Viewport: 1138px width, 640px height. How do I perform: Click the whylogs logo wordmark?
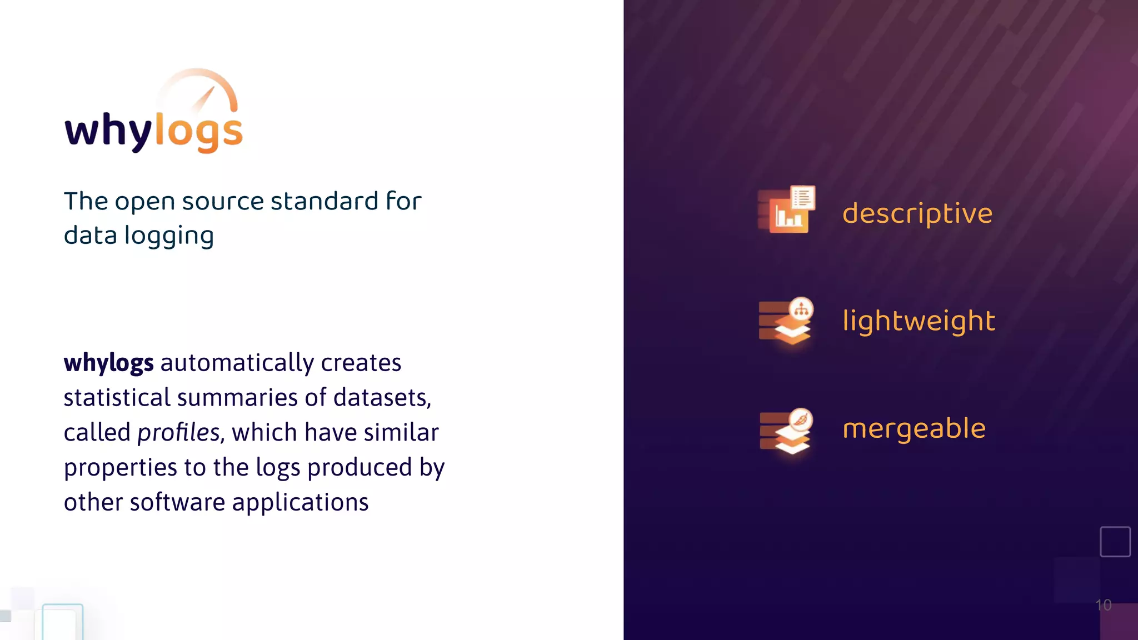[x=153, y=131]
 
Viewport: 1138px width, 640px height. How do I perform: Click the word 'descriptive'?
[x=917, y=214]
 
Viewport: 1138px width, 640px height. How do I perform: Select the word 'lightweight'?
[x=919, y=321]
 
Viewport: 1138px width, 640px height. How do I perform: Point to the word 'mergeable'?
[x=914, y=428]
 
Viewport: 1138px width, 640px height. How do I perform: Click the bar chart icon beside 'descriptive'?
[x=786, y=210]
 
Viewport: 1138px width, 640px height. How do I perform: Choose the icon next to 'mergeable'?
[x=786, y=431]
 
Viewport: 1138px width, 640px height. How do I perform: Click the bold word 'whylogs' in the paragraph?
[x=108, y=363]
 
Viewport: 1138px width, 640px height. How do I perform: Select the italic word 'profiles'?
[x=179, y=433]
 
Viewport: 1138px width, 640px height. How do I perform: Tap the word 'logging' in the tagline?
[x=169, y=236]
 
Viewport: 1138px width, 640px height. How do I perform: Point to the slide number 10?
[x=1103, y=605]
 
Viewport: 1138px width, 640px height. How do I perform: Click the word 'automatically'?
[x=237, y=363]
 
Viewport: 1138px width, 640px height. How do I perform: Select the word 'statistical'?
[x=117, y=398]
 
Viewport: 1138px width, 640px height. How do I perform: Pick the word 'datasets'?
[x=382, y=398]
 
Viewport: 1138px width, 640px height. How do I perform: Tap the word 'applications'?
[x=300, y=503]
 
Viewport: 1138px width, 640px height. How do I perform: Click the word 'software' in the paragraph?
[x=177, y=502]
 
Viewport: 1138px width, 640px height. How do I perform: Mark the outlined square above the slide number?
[x=1115, y=542]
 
